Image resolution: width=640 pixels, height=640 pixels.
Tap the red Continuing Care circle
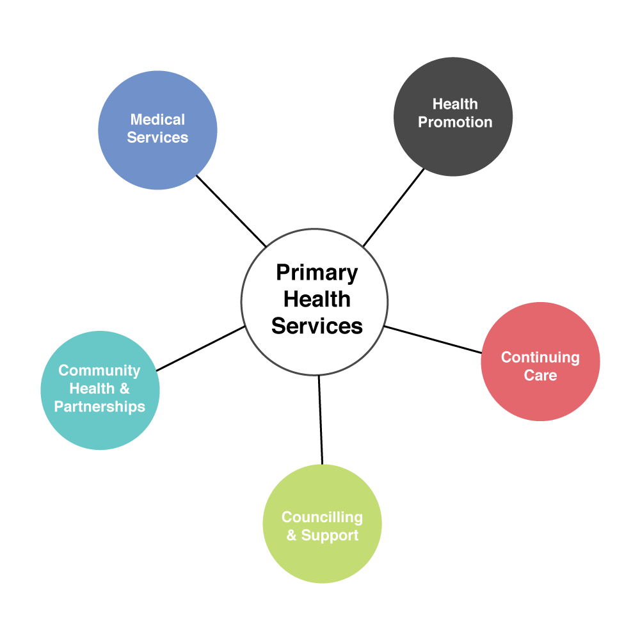540,397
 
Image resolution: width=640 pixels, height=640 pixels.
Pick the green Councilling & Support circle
322,557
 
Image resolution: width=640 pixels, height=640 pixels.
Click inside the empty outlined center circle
314,301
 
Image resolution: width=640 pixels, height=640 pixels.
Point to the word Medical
157,120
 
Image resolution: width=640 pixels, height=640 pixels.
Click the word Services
157,138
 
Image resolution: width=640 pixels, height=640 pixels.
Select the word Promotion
455,122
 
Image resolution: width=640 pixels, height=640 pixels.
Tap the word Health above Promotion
455,104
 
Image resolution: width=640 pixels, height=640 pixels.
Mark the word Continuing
540,358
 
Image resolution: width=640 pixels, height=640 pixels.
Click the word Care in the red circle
540,376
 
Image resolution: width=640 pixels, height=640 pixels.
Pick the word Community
99,371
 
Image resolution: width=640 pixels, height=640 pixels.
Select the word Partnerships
99,407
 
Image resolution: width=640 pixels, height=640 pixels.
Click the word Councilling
322,517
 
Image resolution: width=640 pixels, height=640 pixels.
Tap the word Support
330,536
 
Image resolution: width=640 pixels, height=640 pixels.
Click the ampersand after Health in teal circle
124,388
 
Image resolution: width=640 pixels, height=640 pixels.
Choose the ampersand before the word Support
292,536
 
